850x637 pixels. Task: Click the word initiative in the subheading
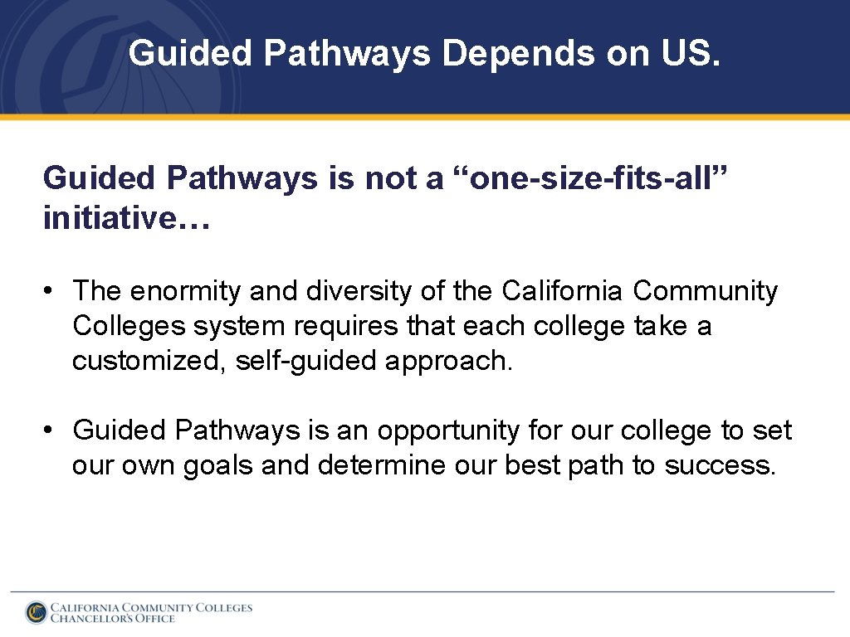(108, 218)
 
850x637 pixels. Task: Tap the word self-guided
(305, 361)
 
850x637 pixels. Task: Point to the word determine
(382, 466)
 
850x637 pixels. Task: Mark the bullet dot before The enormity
(51, 292)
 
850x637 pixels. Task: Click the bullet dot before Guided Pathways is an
(51, 431)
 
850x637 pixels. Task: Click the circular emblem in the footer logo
(36, 612)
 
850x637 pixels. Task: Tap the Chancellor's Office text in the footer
(113, 618)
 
